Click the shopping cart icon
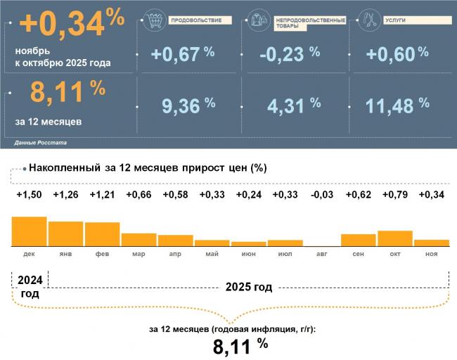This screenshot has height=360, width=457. pos(154,20)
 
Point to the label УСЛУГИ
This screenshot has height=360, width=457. pos(395,20)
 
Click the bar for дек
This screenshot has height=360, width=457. pos(29,231)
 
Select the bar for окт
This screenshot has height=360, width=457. pos(394,238)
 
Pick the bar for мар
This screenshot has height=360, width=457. pos(139,239)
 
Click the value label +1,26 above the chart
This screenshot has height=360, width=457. pos(65,195)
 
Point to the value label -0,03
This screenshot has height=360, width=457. pos(321,195)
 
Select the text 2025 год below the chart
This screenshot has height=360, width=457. pos(248,288)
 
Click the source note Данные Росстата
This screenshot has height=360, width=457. pos(40,143)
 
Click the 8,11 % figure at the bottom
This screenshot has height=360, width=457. pos(240,346)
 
